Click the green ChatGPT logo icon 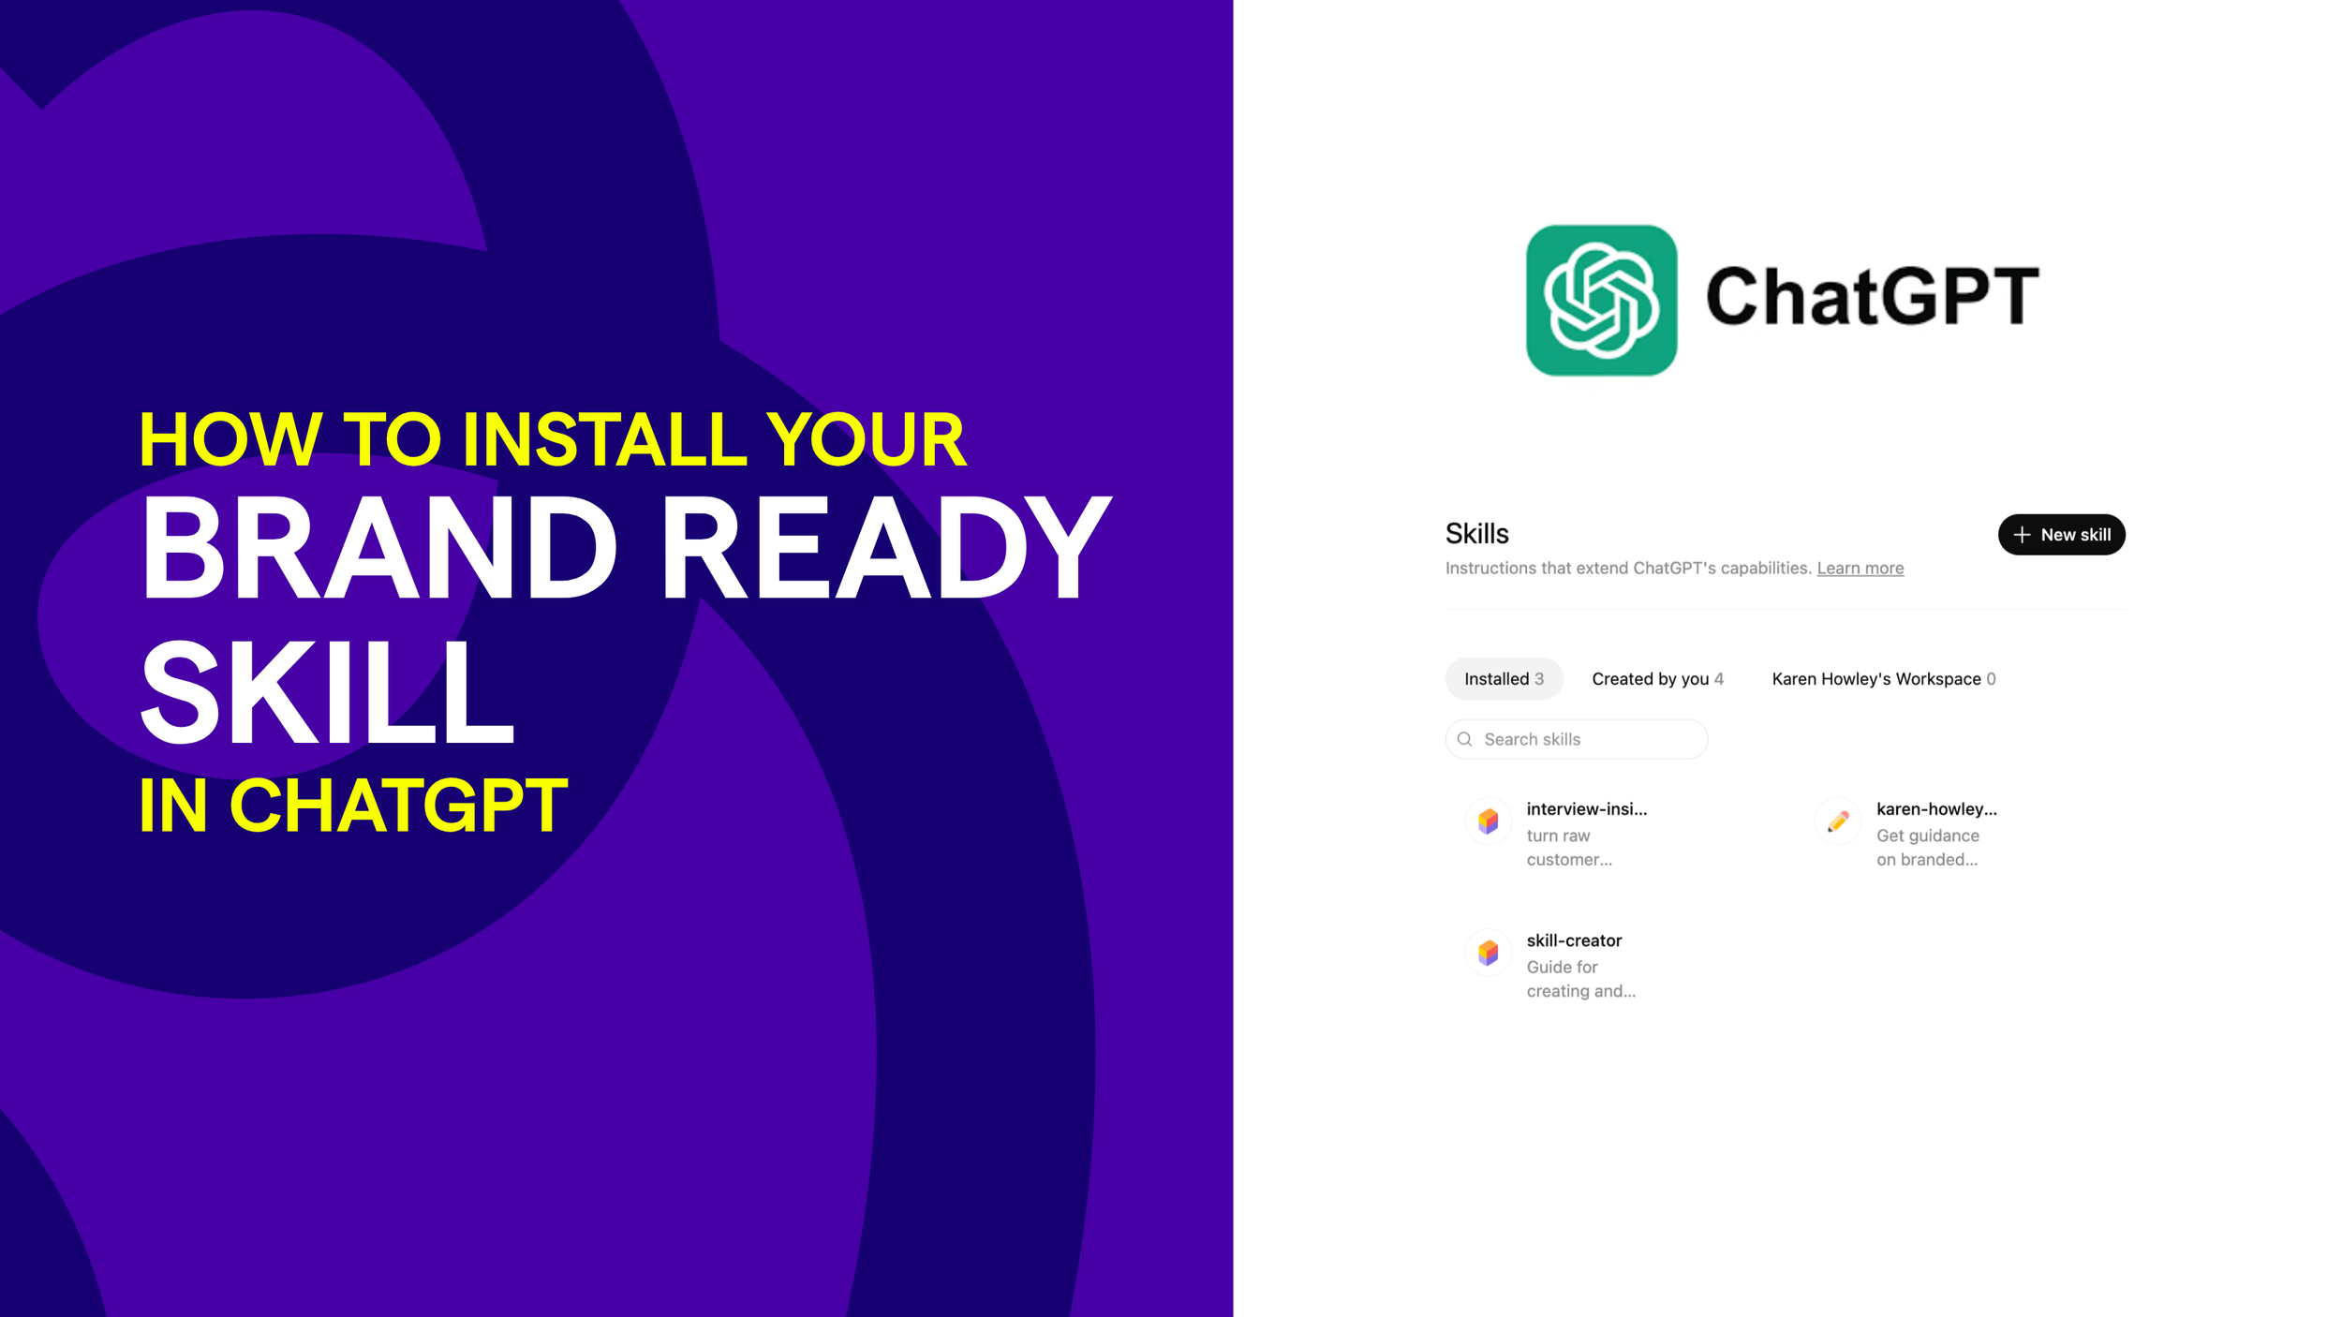pos(1601,300)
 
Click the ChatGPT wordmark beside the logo pos(1872,297)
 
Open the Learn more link pos(1860,568)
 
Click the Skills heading pos(1476,534)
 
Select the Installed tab pos(1503,679)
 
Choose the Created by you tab pos(1656,679)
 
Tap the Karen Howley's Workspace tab pos(1883,679)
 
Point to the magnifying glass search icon pos(1465,739)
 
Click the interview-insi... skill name pos(1586,809)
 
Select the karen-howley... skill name pos(1936,809)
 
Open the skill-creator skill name pos(1574,940)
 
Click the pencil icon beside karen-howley pos(1838,821)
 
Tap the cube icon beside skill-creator pos(1488,954)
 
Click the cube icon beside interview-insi pos(1488,821)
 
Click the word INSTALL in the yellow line pos(604,439)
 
